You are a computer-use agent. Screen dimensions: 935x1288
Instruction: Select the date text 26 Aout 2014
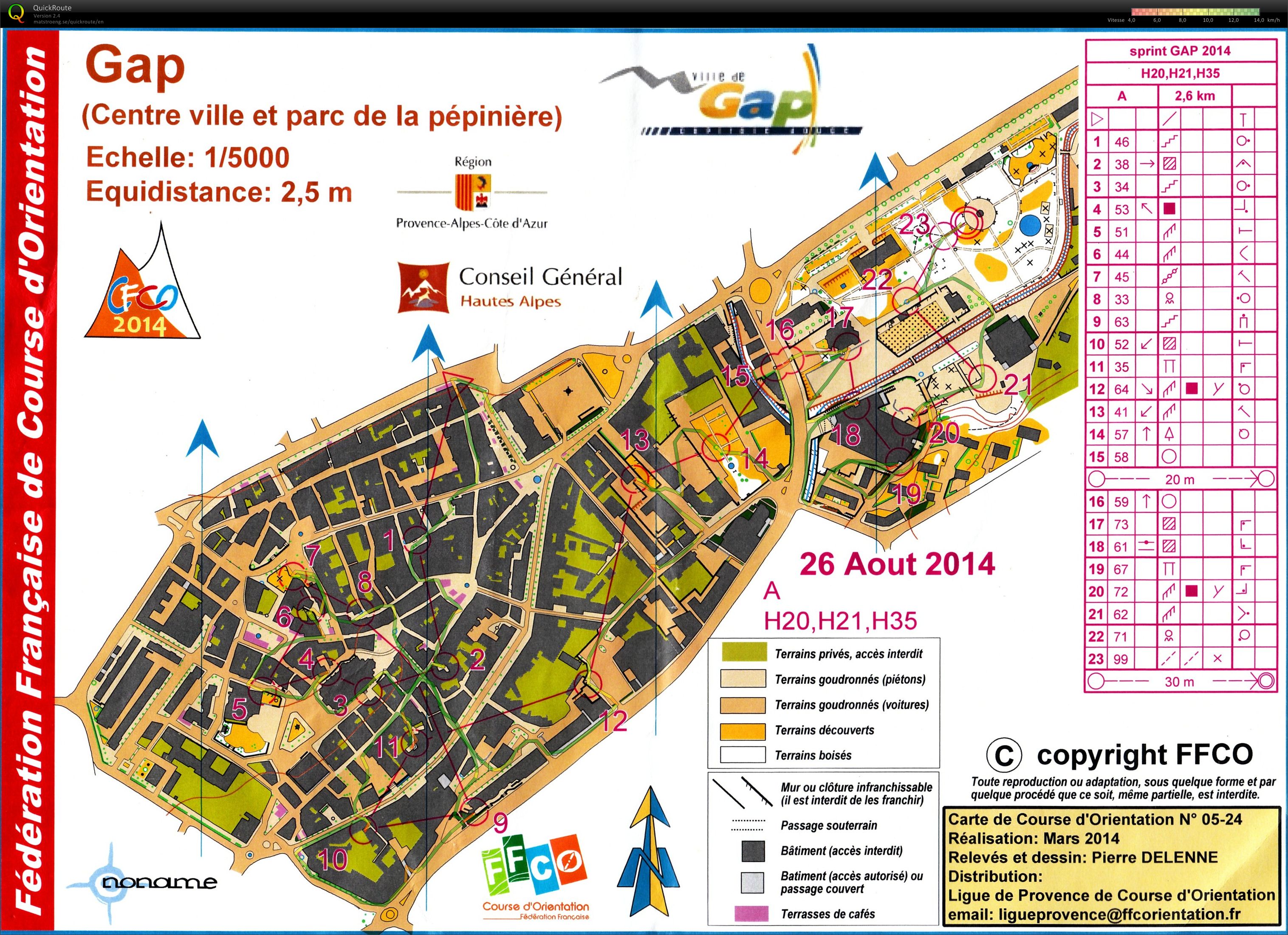[897, 564]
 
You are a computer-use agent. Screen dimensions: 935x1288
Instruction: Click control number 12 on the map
[613, 721]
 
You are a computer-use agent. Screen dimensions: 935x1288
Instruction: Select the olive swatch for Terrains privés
[743, 653]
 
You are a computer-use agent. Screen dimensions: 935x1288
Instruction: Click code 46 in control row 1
[1121, 142]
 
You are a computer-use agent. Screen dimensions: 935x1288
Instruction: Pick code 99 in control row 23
[1121, 659]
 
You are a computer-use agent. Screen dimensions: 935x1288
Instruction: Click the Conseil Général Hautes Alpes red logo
[424, 287]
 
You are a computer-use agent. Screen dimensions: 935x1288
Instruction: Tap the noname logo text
[159, 882]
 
